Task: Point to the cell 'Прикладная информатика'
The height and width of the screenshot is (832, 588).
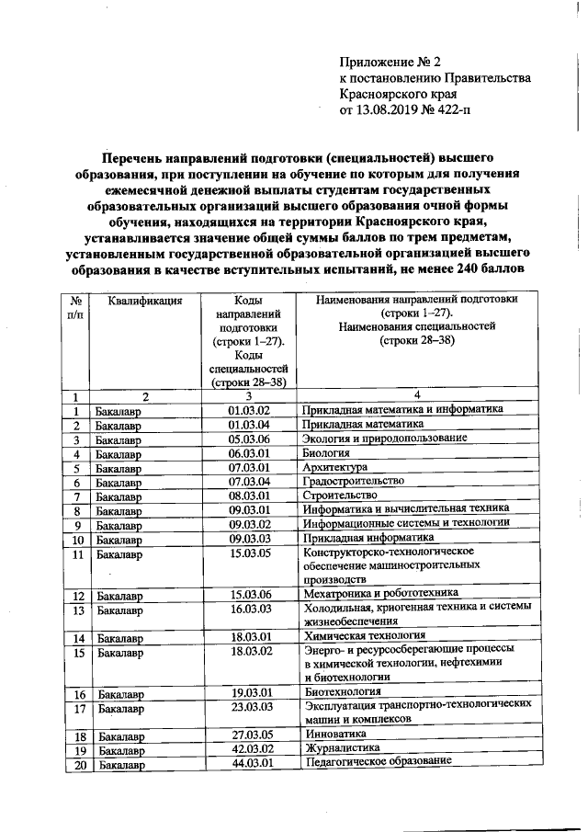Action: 367,538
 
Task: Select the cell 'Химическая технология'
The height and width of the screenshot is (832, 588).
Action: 365,636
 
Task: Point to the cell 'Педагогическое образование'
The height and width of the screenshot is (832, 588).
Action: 379,763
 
